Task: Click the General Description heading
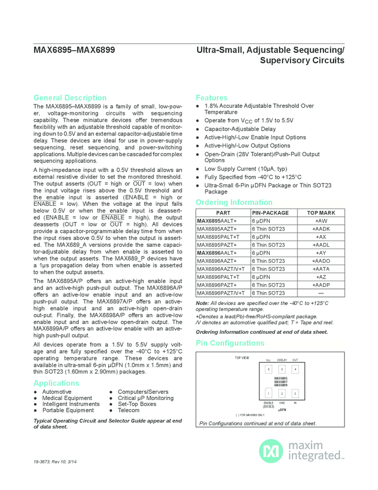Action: [70, 97]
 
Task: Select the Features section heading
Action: [211, 97]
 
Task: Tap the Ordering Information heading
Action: [234, 202]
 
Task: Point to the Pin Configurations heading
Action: [230, 343]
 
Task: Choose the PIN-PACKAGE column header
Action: [270, 213]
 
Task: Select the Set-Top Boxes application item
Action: [136, 404]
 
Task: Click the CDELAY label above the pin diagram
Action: [282, 360]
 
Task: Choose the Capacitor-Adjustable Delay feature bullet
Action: [240, 129]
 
